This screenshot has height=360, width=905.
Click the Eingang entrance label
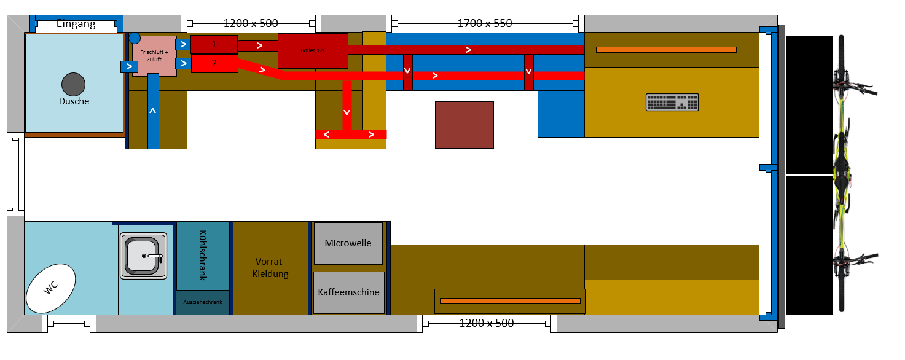coord(76,25)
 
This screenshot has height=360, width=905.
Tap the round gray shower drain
coord(73,84)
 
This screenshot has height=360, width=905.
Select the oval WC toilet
coord(51,288)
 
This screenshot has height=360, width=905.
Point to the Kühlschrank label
coord(203,256)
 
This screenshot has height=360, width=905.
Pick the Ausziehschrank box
coord(203,302)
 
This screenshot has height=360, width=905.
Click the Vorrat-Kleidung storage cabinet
coord(270,268)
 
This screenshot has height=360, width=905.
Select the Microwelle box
coord(348,243)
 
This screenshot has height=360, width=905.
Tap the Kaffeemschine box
coord(348,292)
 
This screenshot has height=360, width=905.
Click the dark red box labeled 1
coord(214,44)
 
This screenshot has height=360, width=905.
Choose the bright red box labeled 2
coord(214,63)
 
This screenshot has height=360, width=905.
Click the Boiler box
coord(313,51)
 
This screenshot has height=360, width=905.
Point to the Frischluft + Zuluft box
coord(154,57)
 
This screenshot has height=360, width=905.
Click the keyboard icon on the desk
coord(672,102)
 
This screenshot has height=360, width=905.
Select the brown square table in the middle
coord(464,125)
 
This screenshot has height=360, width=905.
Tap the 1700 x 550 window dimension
coord(485,24)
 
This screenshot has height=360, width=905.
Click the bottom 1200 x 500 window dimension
coord(487,323)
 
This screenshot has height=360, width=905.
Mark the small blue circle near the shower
coord(135,39)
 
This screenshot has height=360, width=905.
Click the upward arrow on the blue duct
coord(153,111)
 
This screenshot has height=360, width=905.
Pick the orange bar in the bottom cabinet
coord(510,300)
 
